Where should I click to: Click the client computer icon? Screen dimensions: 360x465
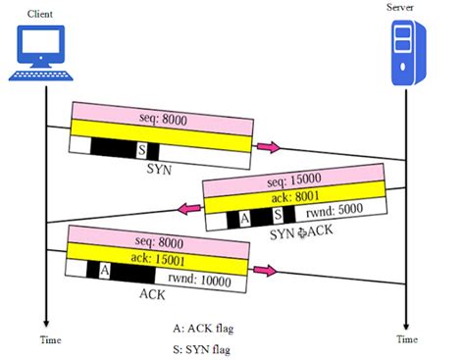[40, 54]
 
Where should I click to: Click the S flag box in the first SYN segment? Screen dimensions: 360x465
[141, 150]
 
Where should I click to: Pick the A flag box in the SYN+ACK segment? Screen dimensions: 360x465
[243, 216]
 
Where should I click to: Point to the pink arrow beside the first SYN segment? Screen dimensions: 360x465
[269, 147]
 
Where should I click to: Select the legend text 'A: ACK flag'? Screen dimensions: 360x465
[208, 329]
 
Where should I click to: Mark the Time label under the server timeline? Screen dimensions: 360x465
[406, 339]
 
